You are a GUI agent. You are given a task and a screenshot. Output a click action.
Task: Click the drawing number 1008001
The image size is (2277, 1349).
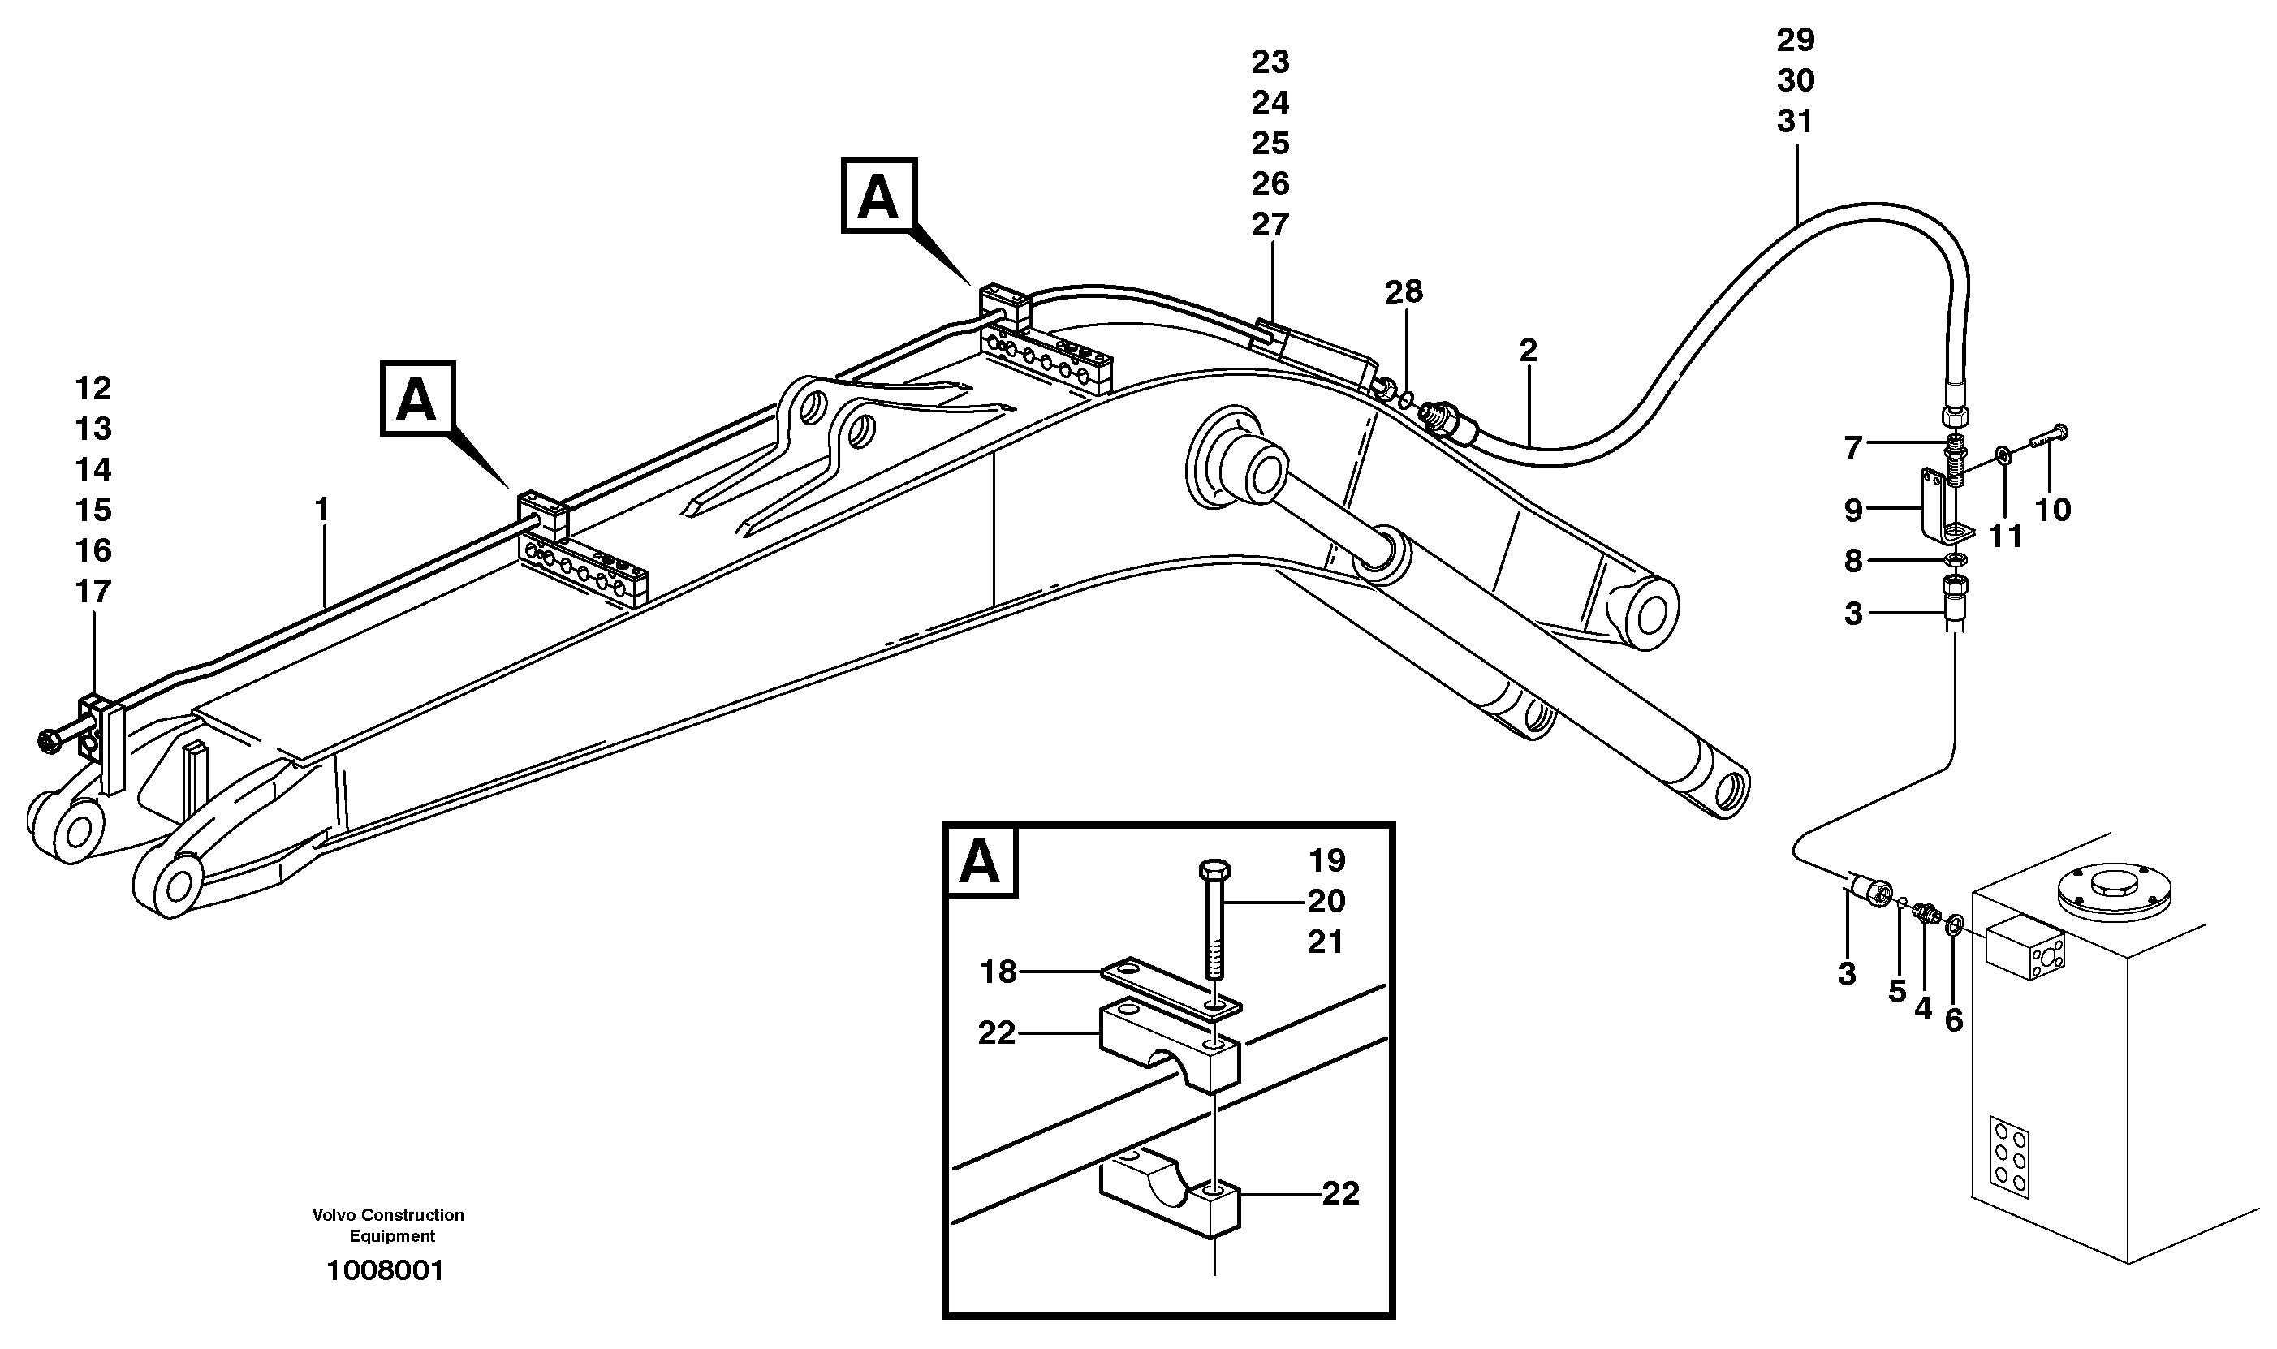click(x=386, y=1271)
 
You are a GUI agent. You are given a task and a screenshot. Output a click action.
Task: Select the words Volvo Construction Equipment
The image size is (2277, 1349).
click(x=388, y=1226)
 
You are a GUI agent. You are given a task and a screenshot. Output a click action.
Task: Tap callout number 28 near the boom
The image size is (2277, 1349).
click(x=1404, y=292)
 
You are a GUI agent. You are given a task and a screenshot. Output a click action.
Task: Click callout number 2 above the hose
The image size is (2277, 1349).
click(x=1528, y=350)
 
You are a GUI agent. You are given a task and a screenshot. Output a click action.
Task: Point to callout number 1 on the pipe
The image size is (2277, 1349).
click(x=321, y=510)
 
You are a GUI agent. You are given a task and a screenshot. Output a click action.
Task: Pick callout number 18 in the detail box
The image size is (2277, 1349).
click(x=998, y=972)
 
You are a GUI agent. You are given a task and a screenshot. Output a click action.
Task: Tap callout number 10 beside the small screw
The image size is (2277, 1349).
click(x=2052, y=510)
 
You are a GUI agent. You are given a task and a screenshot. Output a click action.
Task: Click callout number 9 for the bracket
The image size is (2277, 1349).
click(x=1854, y=511)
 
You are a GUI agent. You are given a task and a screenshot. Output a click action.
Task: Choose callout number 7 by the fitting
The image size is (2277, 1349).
click(x=1854, y=447)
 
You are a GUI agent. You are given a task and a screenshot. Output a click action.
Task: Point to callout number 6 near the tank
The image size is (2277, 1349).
click(x=1953, y=1021)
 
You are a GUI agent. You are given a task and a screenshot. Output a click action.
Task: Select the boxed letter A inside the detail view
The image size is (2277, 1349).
click(x=980, y=862)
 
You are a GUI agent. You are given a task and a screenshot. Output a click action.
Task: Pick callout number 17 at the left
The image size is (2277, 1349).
click(x=93, y=592)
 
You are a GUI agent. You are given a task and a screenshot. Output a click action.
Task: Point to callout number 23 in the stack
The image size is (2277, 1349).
click(x=1270, y=62)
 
